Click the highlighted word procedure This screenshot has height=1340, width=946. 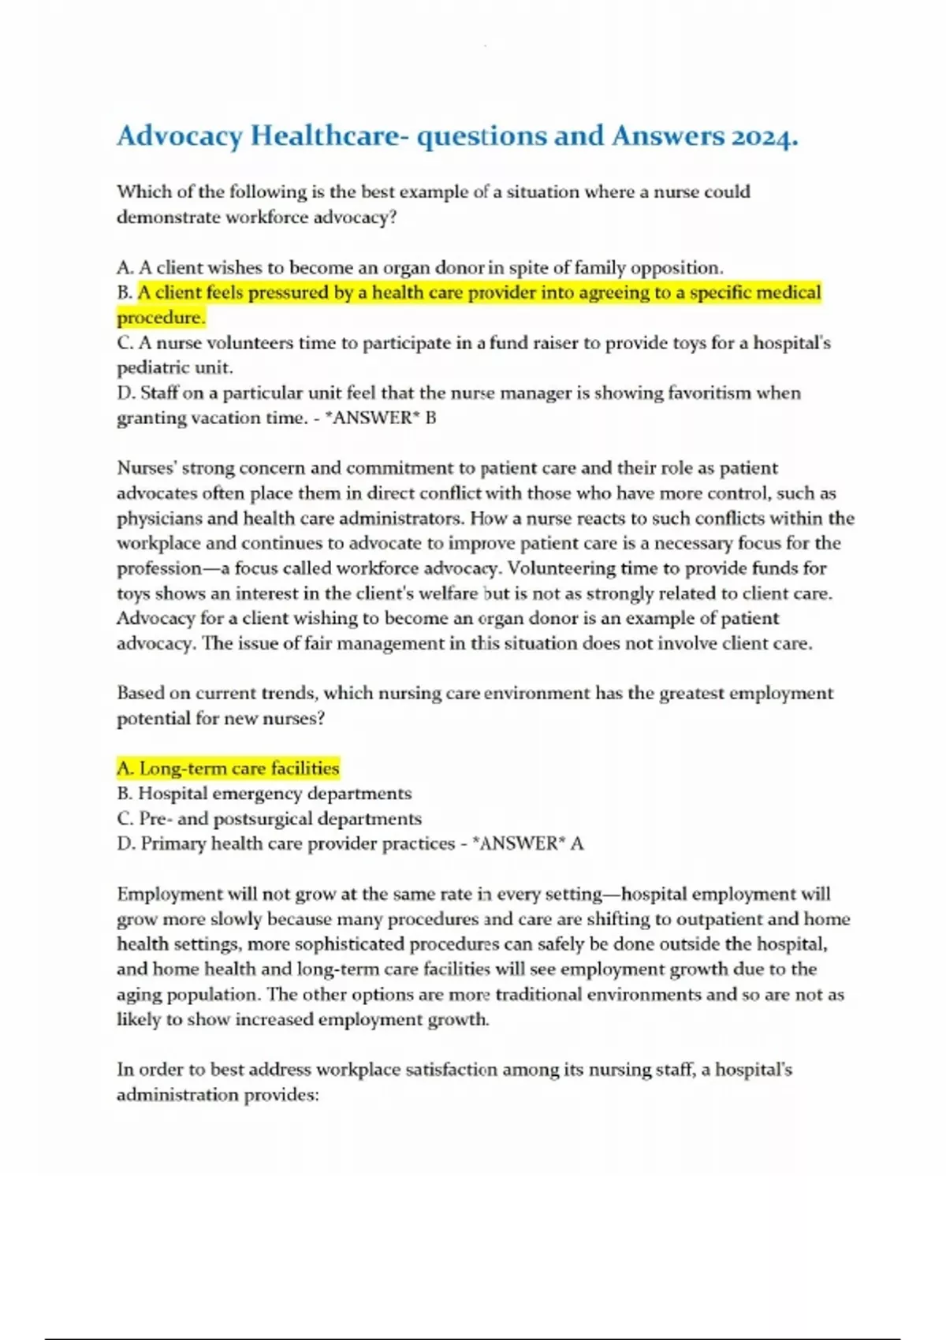(160, 318)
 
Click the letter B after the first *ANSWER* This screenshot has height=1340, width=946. (430, 418)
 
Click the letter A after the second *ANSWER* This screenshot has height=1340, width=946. (577, 843)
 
